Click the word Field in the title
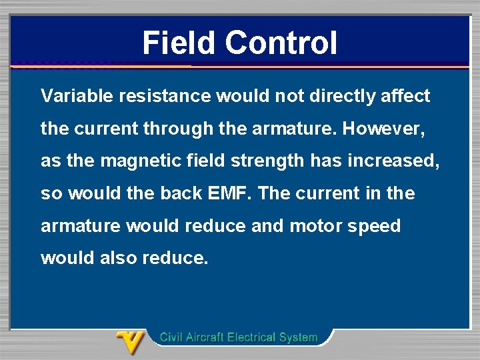click(x=179, y=43)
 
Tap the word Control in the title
click(x=281, y=43)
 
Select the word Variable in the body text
click(x=77, y=96)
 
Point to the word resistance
click(x=164, y=96)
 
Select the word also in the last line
click(x=116, y=258)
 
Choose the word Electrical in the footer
click(x=251, y=337)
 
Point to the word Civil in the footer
click(x=170, y=337)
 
